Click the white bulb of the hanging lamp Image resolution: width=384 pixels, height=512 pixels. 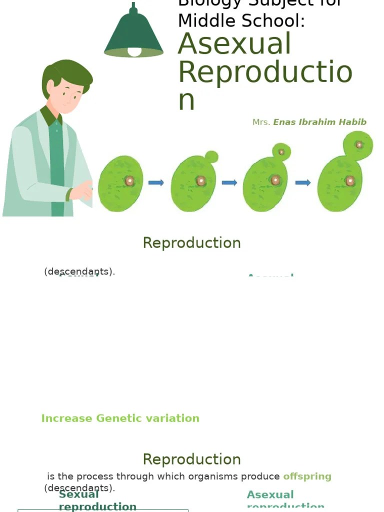tap(134, 51)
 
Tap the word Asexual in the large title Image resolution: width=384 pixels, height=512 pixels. tap(234, 44)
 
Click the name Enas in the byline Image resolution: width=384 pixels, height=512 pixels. tap(284, 122)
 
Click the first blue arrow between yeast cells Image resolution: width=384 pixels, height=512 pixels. tap(156, 182)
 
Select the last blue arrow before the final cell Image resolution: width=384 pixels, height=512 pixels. tap(303, 182)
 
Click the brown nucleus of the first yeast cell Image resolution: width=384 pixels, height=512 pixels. tap(129, 181)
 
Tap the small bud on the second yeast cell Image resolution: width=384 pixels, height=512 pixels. tap(211, 157)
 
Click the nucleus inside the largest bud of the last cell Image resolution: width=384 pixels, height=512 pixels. tap(359, 144)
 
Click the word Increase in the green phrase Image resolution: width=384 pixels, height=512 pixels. tap(66, 418)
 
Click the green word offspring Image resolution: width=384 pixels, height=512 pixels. tap(307, 476)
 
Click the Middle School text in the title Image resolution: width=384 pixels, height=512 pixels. tap(241, 21)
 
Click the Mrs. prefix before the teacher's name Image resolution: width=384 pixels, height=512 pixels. tap(261, 122)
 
